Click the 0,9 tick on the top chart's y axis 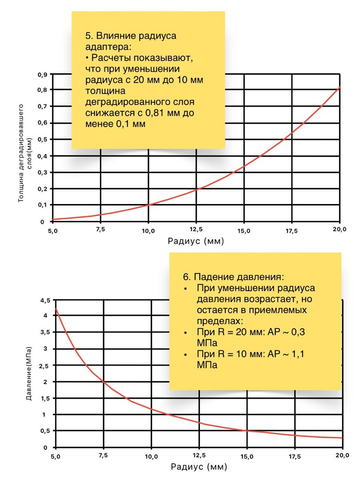(42, 74)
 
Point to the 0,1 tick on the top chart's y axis (42, 205)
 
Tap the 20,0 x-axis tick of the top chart (339, 229)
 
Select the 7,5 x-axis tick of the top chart (100, 229)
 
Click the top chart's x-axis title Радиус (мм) (196, 241)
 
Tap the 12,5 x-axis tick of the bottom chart (199, 456)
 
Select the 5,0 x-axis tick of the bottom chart (56, 456)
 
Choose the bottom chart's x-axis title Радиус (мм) (199, 467)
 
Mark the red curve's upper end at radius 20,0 (340, 87)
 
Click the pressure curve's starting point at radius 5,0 (56, 308)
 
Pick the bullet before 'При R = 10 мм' (185, 355)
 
